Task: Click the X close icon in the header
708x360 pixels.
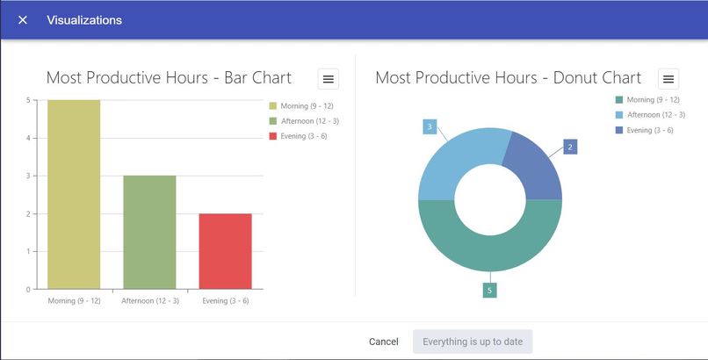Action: coord(23,20)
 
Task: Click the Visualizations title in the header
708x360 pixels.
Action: coord(84,20)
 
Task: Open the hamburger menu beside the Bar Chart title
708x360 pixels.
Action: coord(329,79)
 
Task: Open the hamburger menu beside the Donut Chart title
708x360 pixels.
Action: coord(668,79)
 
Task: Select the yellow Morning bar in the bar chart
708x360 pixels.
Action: coord(74,194)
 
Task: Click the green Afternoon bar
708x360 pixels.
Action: coord(149,232)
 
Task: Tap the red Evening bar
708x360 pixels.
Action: coord(226,251)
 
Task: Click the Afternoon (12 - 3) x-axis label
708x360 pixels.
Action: coord(149,301)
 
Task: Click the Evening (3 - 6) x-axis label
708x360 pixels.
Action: coord(226,301)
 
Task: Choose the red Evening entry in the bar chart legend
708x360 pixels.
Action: coord(300,136)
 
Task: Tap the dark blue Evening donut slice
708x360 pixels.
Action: coord(538,167)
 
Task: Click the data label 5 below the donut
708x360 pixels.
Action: coord(489,290)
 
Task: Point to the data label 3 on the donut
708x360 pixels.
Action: coord(430,127)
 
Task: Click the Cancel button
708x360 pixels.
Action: coord(384,342)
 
